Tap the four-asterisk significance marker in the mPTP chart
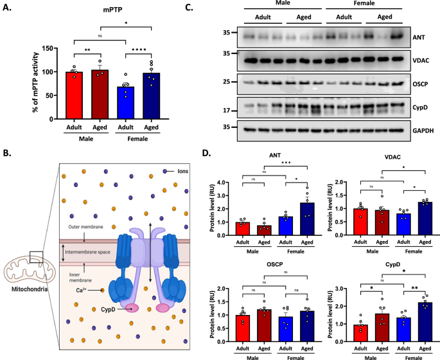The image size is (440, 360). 139,49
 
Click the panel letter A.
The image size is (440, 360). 8,6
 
